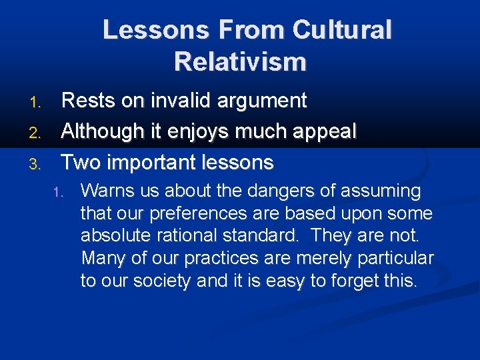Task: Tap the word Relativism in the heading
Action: pyautogui.click(x=240, y=62)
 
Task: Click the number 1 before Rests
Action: pyautogui.click(x=36, y=102)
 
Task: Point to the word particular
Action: pyautogui.click(x=396, y=258)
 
